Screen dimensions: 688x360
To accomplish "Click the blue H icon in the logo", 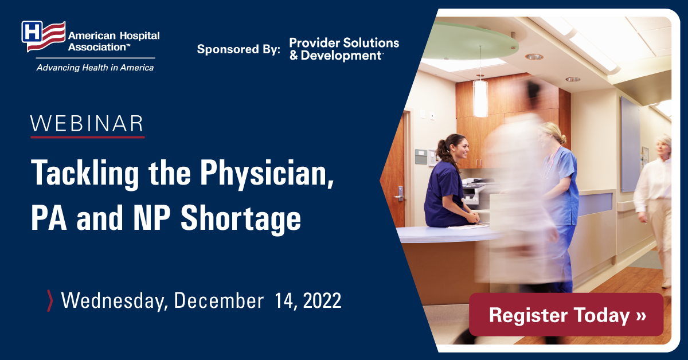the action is (x=32, y=32).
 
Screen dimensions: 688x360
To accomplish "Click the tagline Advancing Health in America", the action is (x=95, y=68).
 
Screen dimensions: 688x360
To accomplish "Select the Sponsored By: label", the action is (x=239, y=49).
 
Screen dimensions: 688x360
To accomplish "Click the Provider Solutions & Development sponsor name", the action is (x=344, y=49).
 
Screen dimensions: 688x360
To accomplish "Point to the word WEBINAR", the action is (x=87, y=124).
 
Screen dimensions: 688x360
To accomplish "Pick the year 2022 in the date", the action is (x=322, y=301).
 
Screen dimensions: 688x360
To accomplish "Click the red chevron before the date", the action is (x=50, y=301).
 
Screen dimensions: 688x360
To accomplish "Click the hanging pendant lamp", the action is (x=480, y=97).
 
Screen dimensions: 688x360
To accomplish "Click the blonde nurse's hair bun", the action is (x=562, y=140).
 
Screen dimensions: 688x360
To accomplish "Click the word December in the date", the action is (x=218, y=301).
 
